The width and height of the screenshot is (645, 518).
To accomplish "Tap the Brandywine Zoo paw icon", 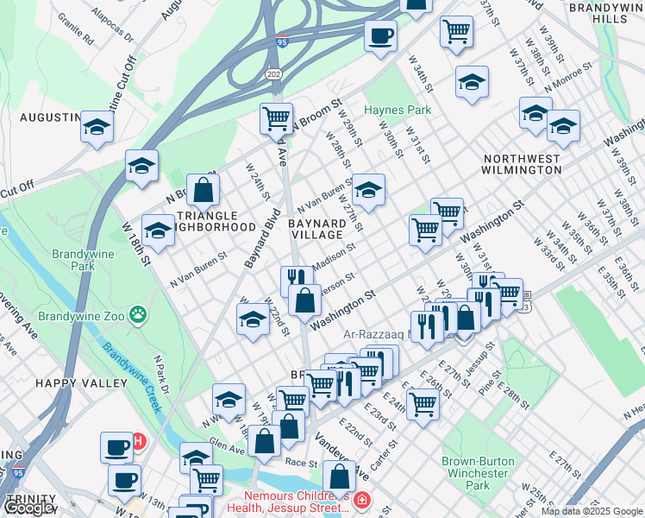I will click(x=136, y=312).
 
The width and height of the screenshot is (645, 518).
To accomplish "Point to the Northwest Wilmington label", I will click(x=522, y=164).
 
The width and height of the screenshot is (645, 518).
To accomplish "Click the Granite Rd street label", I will click(x=76, y=28).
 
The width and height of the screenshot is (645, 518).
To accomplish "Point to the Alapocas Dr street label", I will click(x=118, y=26).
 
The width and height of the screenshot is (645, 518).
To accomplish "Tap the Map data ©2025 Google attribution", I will click(x=591, y=511).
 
